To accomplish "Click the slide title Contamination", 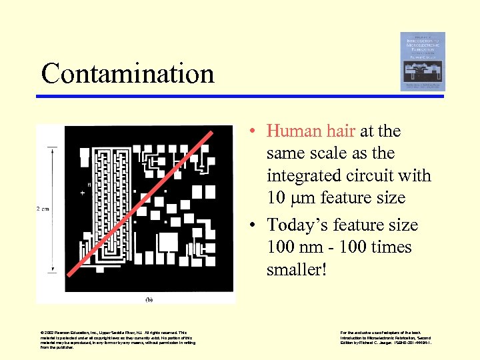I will click(128, 73).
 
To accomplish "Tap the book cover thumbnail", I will click(423, 61).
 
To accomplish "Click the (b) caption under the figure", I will click(150, 300).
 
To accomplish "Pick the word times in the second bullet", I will click(390, 247).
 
